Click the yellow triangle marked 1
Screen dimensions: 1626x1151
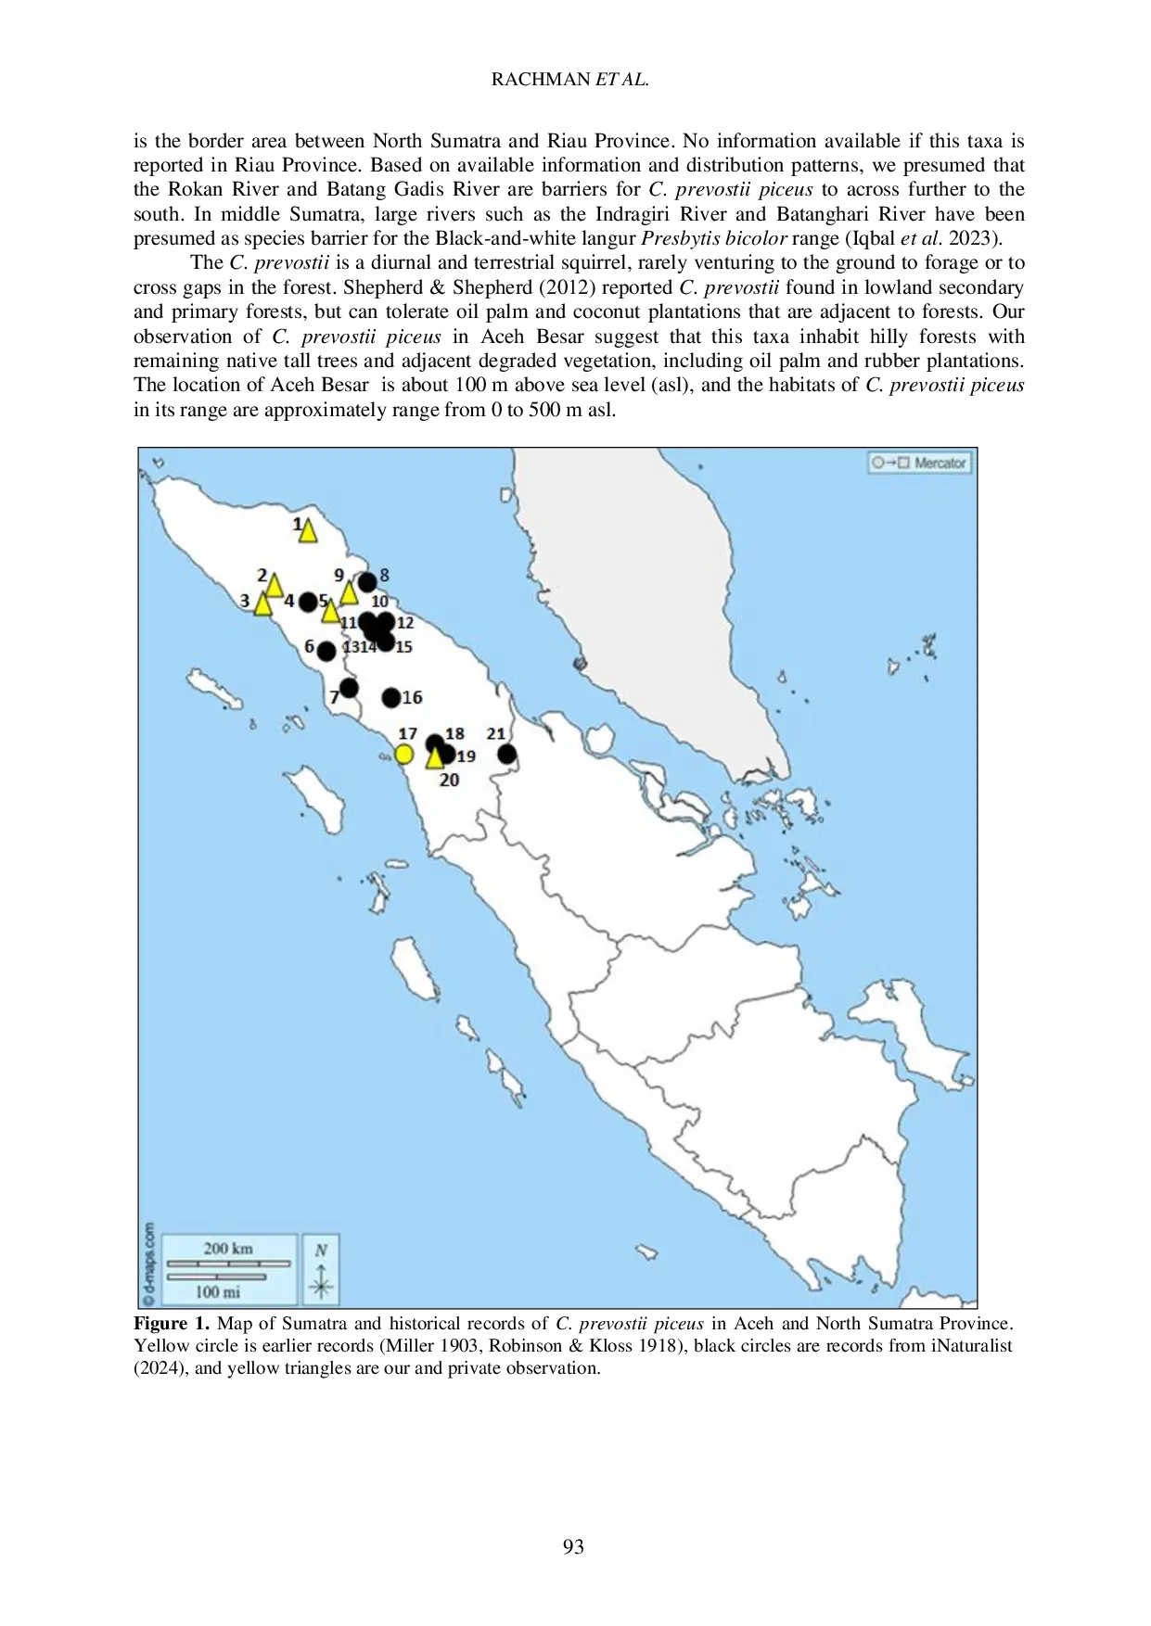coord(307,531)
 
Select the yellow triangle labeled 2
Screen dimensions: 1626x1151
coord(274,586)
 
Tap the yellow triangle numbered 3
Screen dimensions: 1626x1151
coord(262,604)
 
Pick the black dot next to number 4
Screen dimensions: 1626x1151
coord(308,603)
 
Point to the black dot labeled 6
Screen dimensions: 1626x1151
coord(326,652)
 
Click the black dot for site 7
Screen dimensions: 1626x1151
coord(349,688)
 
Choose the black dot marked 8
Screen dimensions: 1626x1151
coord(367,582)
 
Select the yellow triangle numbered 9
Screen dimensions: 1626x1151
coord(349,592)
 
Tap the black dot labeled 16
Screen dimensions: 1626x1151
coord(391,697)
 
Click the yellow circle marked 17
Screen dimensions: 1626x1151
coord(403,755)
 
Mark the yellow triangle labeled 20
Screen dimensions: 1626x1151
coord(434,758)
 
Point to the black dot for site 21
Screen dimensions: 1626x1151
coord(506,755)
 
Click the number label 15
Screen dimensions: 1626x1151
coord(403,647)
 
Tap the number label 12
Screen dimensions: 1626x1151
coord(405,623)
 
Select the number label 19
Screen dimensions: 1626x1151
coord(466,756)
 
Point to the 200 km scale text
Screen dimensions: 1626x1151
coord(228,1249)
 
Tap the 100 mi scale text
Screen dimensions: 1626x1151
coord(218,1291)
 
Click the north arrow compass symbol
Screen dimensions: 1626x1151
coord(321,1270)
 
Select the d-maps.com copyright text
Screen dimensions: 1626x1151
coord(148,1264)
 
